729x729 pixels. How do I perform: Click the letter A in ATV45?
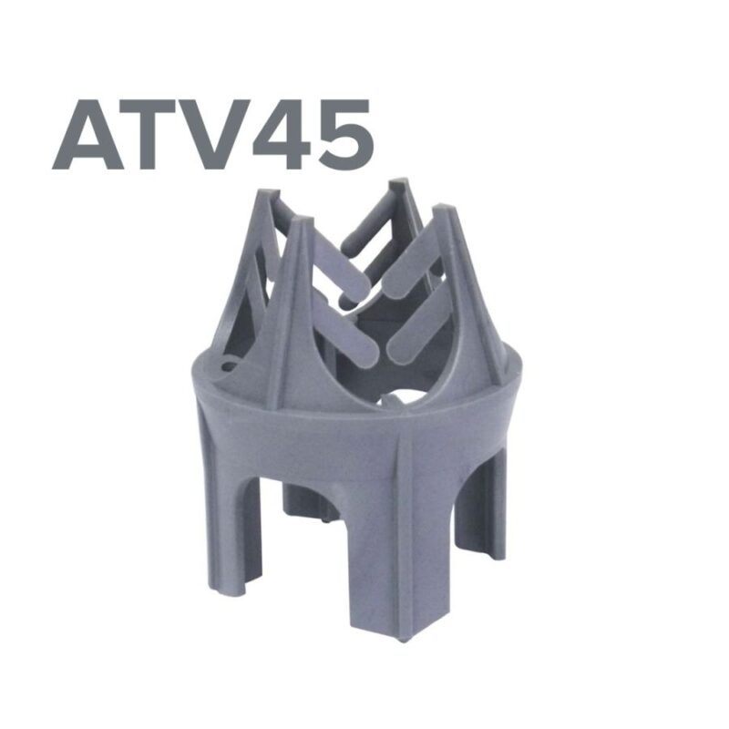click(x=87, y=134)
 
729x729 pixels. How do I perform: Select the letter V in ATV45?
click(x=215, y=134)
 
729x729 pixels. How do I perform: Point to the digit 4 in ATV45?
click(x=282, y=134)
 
